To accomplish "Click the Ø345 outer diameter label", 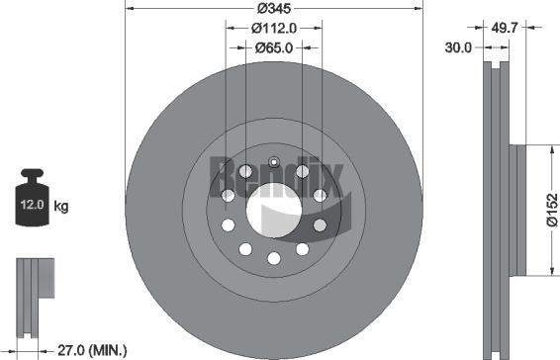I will click(273, 8).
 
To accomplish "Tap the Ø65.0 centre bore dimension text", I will click(273, 46).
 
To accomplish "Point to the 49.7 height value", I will click(505, 29).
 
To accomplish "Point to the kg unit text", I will click(61, 207).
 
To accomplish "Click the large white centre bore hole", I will click(273, 210).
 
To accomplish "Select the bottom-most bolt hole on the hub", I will click(274, 258).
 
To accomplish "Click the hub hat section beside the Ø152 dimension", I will click(517, 210).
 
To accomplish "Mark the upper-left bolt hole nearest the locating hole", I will click(246, 172).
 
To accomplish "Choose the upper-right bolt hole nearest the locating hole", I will click(303, 172).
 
